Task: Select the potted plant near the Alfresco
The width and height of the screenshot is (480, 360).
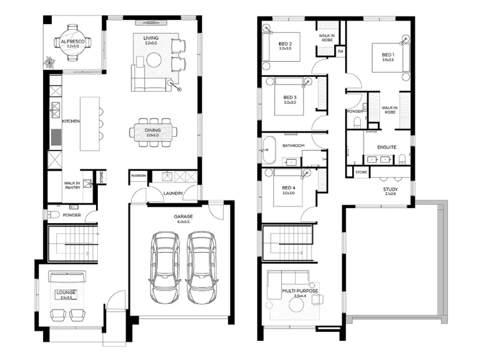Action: [x=49, y=61]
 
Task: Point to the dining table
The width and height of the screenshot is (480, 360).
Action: [x=154, y=132]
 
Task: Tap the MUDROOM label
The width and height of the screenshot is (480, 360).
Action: [x=138, y=176]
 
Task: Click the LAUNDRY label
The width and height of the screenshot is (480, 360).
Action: [x=173, y=193]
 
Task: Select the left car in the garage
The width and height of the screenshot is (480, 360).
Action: [x=165, y=266]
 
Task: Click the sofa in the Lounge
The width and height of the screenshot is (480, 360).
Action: [x=67, y=277]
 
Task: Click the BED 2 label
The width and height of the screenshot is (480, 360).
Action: [x=285, y=44]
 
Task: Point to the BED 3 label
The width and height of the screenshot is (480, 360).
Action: [x=290, y=97]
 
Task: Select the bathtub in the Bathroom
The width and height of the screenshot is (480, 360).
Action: [x=268, y=150]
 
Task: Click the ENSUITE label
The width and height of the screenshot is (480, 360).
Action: [x=386, y=146]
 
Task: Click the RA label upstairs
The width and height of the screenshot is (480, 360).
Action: [x=340, y=52]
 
